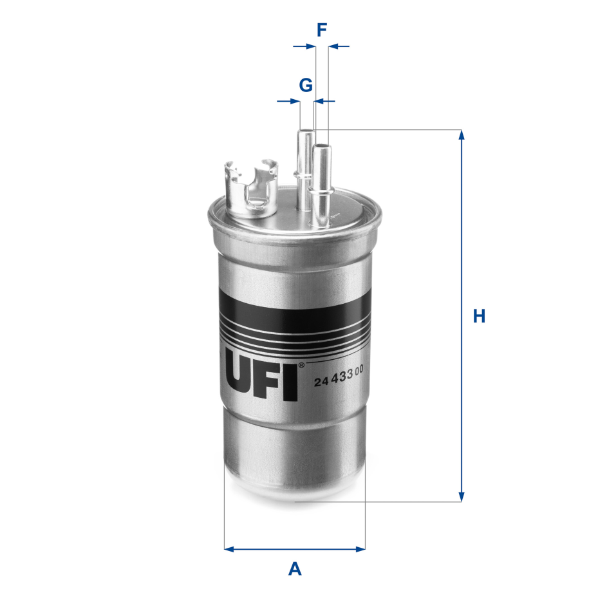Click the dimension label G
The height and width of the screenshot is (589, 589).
click(306, 84)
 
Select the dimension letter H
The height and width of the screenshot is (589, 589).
click(479, 316)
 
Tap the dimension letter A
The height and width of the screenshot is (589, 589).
click(295, 568)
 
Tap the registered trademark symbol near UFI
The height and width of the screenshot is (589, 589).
click(301, 366)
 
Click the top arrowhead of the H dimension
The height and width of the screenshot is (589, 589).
click(461, 135)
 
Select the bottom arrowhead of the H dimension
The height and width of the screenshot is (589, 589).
click(461, 496)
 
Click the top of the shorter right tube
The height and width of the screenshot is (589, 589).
click(320, 148)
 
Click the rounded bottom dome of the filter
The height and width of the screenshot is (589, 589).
click(294, 480)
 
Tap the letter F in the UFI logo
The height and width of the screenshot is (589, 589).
click(267, 381)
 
